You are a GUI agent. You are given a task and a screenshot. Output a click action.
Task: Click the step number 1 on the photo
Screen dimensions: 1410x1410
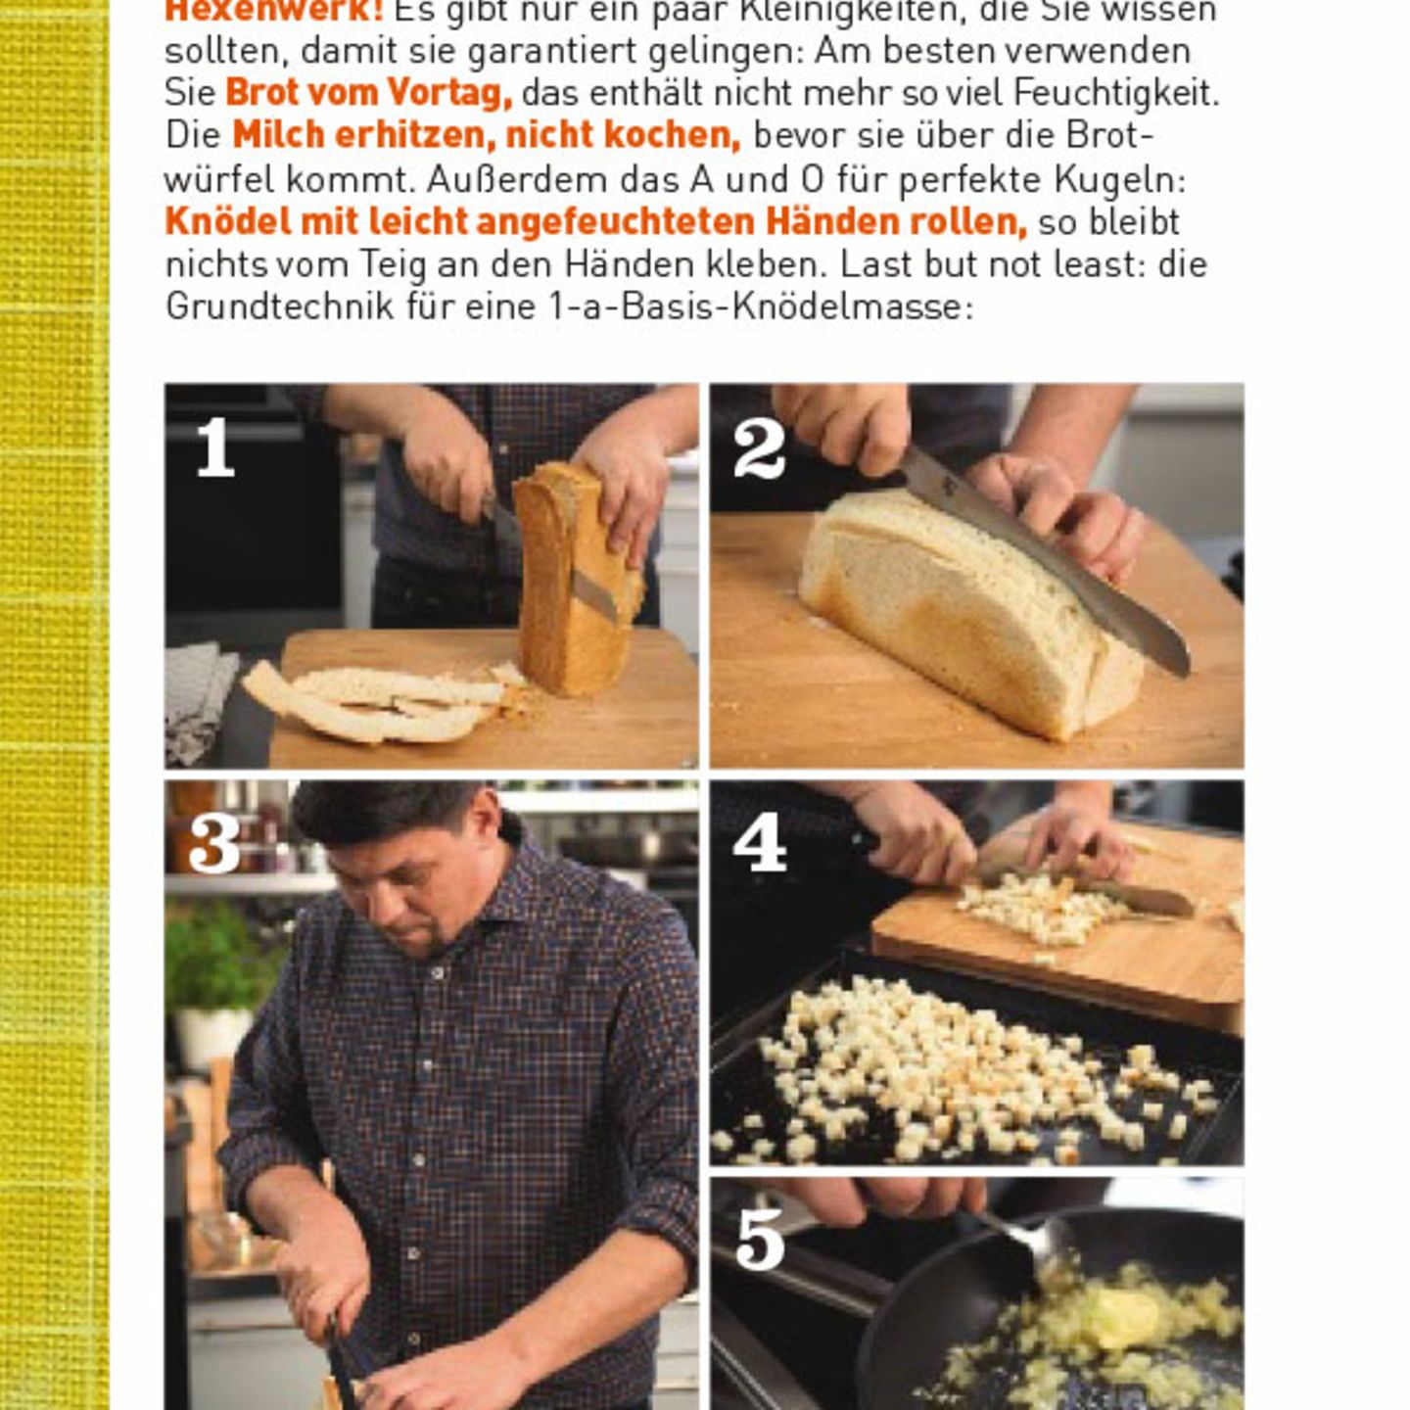click(x=215, y=448)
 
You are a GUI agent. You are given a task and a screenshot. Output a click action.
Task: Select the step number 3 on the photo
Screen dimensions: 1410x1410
click(x=214, y=843)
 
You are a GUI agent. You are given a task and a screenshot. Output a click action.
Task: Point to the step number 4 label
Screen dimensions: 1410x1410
click(x=760, y=843)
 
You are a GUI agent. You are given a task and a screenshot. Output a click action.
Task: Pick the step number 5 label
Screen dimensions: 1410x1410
click(x=760, y=1240)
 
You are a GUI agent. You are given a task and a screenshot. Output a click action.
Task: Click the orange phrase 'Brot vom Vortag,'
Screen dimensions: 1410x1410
click(x=368, y=93)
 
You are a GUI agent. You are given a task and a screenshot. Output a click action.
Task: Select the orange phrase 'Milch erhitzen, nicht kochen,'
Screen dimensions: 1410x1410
click(x=486, y=135)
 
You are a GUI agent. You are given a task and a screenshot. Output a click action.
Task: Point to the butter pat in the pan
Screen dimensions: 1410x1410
click(x=1121, y=1317)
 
